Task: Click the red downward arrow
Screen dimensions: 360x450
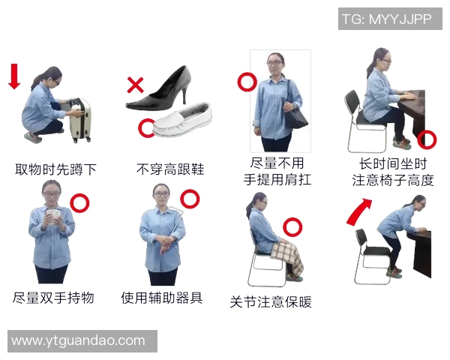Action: tap(13, 76)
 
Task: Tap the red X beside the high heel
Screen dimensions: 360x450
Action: tap(135, 85)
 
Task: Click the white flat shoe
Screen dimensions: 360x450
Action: tap(182, 120)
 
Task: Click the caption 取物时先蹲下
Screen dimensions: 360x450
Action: tap(56, 169)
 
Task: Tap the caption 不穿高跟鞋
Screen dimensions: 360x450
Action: tap(169, 169)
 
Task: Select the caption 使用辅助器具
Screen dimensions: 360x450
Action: tap(162, 298)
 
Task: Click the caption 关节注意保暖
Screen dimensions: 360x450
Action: tap(271, 302)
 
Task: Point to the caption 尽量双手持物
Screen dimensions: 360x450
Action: tap(53, 298)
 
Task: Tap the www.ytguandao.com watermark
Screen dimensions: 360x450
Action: tap(79, 340)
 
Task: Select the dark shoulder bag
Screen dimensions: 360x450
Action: tap(294, 112)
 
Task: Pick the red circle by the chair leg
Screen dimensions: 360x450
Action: tap(427, 138)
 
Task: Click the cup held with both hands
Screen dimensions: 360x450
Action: tap(52, 217)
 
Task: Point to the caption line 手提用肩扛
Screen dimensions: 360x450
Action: tap(277, 179)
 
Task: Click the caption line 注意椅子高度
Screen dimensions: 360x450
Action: tap(393, 180)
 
